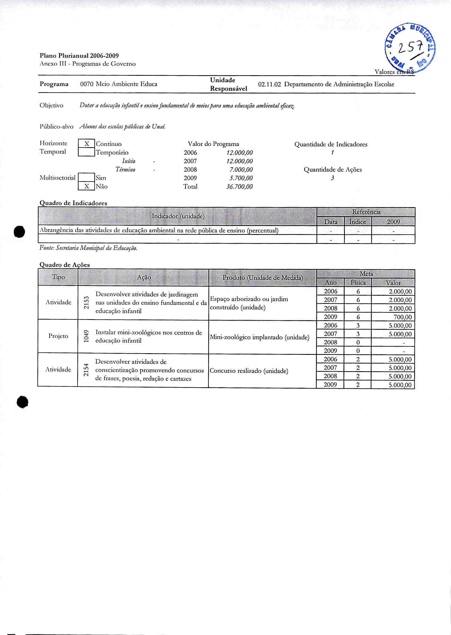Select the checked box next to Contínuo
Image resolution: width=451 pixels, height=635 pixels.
click(87, 144)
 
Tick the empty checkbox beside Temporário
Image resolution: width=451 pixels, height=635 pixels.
click(87, 152)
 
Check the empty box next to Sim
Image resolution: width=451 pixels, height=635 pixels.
click(87, 177)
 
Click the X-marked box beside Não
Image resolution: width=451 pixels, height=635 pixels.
click(87, 186)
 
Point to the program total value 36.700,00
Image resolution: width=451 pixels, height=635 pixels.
click(239, 187)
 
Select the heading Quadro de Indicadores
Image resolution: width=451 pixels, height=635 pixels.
click(73, 203)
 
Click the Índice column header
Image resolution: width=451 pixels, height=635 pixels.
click(358, 222)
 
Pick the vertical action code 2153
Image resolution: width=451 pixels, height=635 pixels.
click(87, 303)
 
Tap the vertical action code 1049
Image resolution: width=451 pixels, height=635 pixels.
click(87, 336)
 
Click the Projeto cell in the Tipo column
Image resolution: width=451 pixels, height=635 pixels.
click(58, 336)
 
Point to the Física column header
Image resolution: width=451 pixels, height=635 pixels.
click(358, 283)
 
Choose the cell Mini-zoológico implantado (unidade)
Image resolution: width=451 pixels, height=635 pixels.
click(260, 337)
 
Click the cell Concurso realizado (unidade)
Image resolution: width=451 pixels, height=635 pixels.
click(249, 371)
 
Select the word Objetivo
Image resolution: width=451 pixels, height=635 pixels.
click(51, 105)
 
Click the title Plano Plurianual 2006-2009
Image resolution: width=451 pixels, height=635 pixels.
click(79, 56)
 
